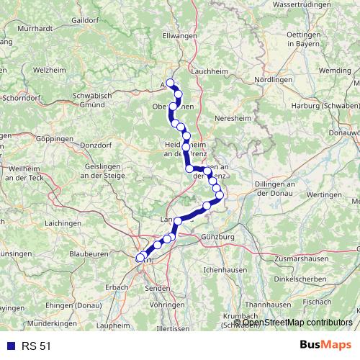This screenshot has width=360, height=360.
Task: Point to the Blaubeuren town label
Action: click(x=89, y=253)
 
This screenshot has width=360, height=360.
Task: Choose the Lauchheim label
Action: click(x=211, y=72)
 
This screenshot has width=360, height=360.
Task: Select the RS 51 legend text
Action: click(x=35, y=346)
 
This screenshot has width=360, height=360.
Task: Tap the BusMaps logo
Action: click(x=325, y=346)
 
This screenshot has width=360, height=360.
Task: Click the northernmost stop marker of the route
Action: click(x=171, y=82)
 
